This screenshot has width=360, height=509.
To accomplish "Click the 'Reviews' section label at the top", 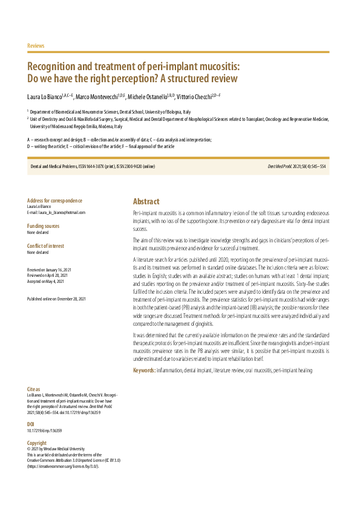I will tap(36, 46).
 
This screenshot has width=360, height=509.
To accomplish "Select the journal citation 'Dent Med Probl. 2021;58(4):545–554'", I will tap(297, 166).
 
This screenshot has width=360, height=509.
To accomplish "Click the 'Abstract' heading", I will tap(146, 202).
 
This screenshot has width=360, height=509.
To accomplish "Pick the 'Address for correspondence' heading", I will tap(54, 201).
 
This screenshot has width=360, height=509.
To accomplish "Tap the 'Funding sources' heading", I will tap(43, 225).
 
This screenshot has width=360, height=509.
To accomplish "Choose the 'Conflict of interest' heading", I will tap(46, 245).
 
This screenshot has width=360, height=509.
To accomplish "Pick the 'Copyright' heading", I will tap(37, 443).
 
